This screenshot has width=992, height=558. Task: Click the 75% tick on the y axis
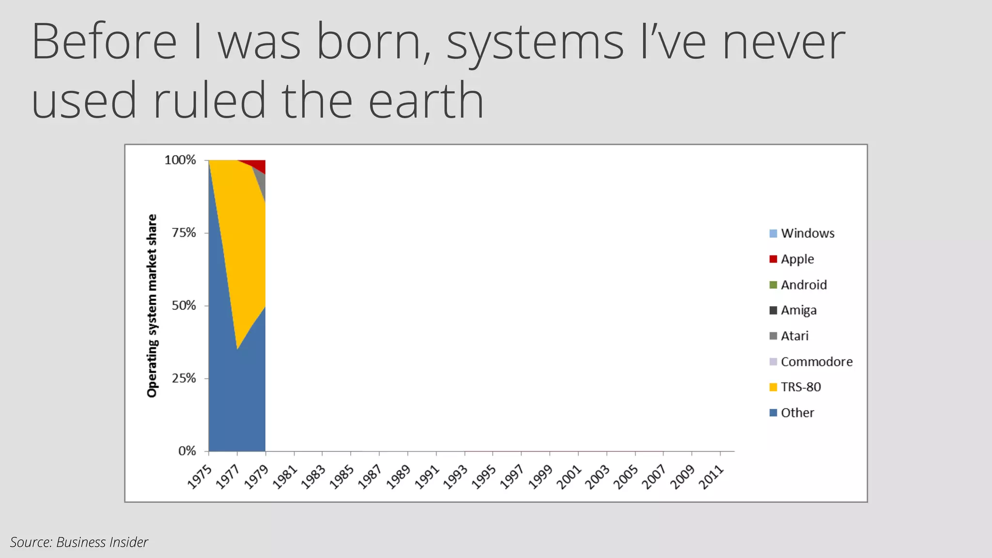(x=184, y=233)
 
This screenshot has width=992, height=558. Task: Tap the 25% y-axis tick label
(x=184, y=378)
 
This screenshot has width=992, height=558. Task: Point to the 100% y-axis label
(x=180, y=160)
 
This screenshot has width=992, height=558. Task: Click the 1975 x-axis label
(x=200, y=477)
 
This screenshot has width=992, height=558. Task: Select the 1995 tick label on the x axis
(x=484, y=477)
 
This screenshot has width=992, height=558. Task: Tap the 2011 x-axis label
(x=711, y=477)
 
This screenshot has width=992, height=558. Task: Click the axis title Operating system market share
(x=152, y=306)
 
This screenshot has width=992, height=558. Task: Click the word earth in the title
(x=426, y=100)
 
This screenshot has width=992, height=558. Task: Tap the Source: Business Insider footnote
(x=79, y=542)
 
